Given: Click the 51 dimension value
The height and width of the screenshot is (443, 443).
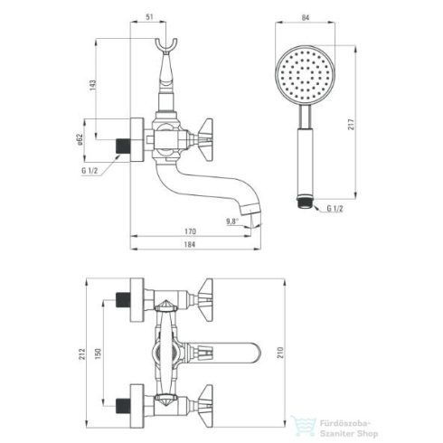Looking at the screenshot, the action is click(x=150, y=17).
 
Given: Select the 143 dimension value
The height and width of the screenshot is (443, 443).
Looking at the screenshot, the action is click(x=93, y=86).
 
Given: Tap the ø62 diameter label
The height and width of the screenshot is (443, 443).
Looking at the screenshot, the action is click(x=80, y=139).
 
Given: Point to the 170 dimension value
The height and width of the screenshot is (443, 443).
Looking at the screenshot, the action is click(x=190, y=231).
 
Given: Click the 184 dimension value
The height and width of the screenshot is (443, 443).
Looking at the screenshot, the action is click(x=190, y=244).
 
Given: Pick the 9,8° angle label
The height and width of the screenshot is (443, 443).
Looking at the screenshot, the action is click(x=232, y=221).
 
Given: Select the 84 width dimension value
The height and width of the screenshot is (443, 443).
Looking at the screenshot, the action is click(x=306, y=18).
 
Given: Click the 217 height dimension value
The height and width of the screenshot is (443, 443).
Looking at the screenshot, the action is click(x=352, y=125).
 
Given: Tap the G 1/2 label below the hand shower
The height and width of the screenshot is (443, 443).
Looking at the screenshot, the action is click(x=335, y=209).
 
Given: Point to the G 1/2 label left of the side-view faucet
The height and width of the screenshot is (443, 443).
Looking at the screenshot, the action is click(x=90, y=171).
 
